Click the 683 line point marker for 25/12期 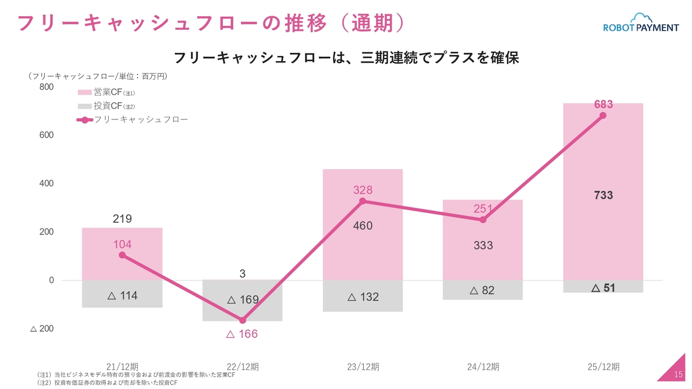pos(603,116)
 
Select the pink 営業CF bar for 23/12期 pos(363,254)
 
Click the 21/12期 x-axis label pos(122,367)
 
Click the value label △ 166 pos(242,334)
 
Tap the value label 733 pos(603,196)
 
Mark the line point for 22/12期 pos(242,320)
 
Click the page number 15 pos(679,375)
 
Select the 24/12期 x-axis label pos(483,367)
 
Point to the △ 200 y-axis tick pos(42,328)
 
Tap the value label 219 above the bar pos(122,219)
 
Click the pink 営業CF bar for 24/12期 pos(483,259)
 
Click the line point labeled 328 pos(363,201)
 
